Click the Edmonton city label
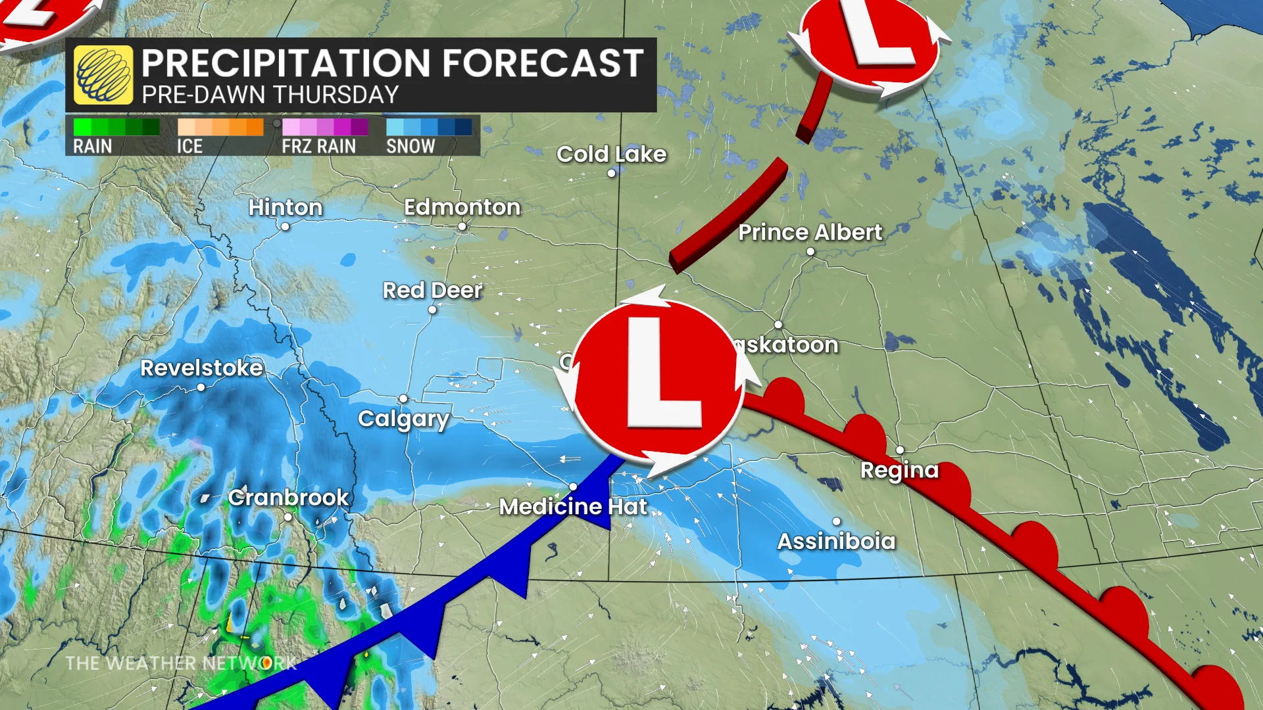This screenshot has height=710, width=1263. point(462,207)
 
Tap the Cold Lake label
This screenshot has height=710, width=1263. point(611,154)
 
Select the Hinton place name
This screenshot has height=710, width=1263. point(285,207)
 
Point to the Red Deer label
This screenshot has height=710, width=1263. point(432,290)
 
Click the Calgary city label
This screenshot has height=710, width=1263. point(403,419)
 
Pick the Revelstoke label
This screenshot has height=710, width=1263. point(201,367)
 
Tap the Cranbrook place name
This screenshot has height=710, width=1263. point(288,498)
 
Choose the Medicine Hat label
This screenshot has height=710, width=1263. point(573,506)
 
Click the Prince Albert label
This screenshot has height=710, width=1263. point(810,232)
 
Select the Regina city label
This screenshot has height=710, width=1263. point(899,470)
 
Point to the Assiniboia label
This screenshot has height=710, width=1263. point(836,541)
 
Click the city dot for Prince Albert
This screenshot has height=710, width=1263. point(810,252)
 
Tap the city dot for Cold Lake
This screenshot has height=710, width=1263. point(611,174)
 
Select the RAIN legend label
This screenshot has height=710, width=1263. point(92,146)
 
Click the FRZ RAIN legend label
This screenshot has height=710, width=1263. point(318,146)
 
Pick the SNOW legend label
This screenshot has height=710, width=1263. point(410,146)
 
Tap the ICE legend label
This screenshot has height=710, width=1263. point(189,146)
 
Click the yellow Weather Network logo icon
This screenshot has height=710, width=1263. point(103,75)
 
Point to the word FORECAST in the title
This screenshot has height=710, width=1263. point(543,63)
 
